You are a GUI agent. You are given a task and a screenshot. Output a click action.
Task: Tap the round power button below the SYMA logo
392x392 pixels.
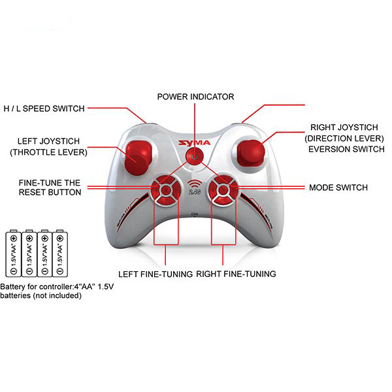click(195, 157)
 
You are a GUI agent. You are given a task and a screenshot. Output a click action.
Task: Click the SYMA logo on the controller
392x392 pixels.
click(195, 142)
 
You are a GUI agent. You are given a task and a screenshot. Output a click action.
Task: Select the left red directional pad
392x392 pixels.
click(165, 191)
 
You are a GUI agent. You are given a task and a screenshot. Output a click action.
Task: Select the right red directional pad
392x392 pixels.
click(223, 191)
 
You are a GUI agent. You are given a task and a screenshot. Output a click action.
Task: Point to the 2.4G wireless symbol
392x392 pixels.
click(195, 188)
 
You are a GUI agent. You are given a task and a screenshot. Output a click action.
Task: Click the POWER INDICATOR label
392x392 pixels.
click(195, 97)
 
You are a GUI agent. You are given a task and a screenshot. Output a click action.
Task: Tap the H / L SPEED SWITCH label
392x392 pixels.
click(44, 108)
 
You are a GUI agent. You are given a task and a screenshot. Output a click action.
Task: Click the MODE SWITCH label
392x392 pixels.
click(338, 188)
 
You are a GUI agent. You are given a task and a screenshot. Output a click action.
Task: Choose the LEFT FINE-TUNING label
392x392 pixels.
click(155, 274)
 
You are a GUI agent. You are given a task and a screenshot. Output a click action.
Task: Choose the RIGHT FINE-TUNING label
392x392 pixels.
click(236, 274)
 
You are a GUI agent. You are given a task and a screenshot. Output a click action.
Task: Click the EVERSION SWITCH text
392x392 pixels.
click(346, 149)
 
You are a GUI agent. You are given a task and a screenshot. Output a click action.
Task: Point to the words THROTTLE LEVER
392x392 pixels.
click(49, 152)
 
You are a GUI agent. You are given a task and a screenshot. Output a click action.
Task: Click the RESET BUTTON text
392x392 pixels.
click(50, 192)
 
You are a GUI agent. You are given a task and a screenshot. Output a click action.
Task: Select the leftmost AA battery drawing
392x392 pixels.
click(14, 253)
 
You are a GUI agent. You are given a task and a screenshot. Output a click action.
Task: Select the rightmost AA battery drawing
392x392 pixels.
click(60, 253)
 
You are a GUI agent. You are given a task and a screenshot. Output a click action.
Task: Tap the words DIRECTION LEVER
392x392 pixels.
click(344, 139)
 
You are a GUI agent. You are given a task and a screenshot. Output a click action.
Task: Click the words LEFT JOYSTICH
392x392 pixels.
click(48, 141)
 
